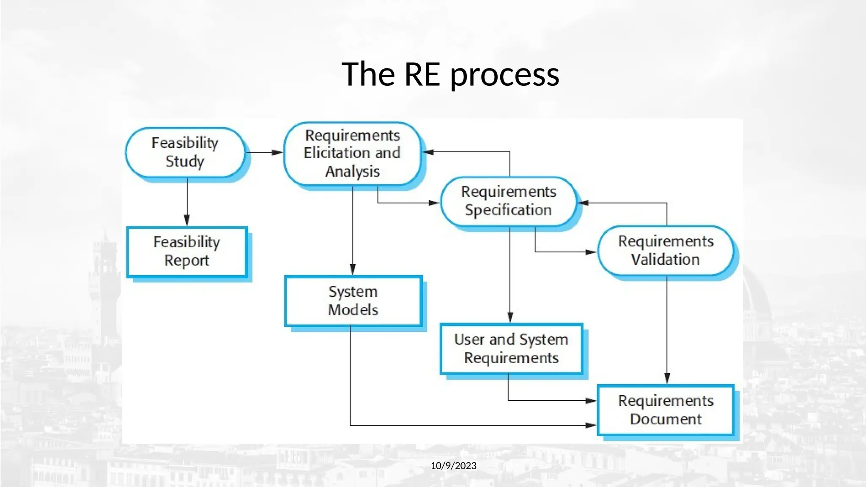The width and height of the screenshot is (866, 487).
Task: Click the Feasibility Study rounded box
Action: [185, 152]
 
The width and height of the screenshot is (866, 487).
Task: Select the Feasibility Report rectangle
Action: [186, 252]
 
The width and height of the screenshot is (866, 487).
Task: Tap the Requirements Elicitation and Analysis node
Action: [352, 153]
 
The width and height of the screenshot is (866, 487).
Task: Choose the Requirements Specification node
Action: [509, 201]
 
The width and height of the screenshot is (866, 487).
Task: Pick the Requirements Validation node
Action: [666, 250]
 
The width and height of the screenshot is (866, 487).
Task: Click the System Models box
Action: [353, 301]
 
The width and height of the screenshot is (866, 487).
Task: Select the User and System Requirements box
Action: [511, 349]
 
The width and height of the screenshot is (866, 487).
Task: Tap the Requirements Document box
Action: [666, 410]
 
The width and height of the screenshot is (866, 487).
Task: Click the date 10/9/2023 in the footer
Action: [453, 466]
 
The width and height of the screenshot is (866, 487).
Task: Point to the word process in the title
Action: [504, 75]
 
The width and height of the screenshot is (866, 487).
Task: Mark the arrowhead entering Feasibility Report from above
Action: [187, 220]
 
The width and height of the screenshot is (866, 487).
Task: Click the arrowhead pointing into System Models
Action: [353, 269]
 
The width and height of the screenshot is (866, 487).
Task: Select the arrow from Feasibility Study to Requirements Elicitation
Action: [264, 152]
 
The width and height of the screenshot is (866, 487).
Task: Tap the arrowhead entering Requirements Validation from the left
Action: [591, 252]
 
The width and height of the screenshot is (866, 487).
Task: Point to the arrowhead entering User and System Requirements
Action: [510, 317]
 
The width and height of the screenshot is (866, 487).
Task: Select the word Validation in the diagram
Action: [666, 260]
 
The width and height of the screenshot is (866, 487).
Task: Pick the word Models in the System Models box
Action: [353, 310]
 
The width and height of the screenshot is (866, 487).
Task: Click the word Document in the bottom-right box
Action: [666, 419]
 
